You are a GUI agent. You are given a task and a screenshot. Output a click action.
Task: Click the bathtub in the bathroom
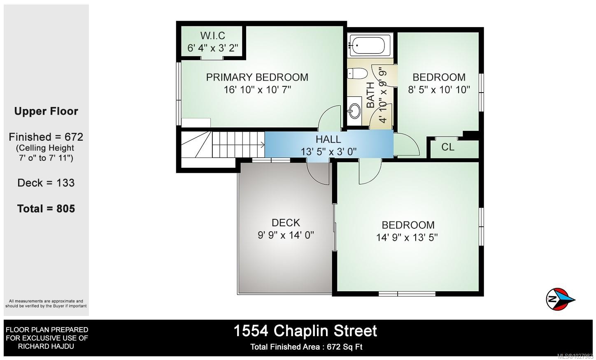[x=370, y=45]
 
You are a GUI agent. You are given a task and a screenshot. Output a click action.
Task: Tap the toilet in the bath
[x=356, y=74]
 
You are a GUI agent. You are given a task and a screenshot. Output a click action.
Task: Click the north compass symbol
[x=560, y=298]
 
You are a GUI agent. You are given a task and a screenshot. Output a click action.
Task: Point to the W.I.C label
[x=213, y=36]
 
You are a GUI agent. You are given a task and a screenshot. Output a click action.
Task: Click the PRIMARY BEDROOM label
[x=257, y=77]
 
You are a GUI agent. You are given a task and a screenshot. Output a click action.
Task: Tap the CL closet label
[x=448, y=147]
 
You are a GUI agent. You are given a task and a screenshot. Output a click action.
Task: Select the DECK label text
[x=286, y=223]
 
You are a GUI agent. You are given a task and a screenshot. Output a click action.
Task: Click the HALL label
[x=328, y=139]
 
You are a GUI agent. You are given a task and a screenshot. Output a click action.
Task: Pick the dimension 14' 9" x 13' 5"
[x=407, y=237]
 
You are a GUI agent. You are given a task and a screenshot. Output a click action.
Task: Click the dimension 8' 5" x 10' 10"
[x=439, y=89]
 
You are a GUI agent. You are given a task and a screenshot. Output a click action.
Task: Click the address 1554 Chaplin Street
[x=305, y=331]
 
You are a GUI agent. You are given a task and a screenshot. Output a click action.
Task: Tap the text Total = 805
[x=46, y=209]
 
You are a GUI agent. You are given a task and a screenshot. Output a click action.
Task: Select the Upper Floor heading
[x=46, y=111]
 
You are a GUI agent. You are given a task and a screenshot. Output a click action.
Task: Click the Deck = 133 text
[x=46, y=183]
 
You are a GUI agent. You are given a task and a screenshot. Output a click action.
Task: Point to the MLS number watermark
[x=575, y=356]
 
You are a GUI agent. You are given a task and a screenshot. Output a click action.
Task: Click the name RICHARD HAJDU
[x=46, y=346]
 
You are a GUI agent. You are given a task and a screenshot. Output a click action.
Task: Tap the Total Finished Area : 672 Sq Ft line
[x=306, y=347]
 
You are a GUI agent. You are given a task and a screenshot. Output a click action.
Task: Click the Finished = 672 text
[x=46, y=137]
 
